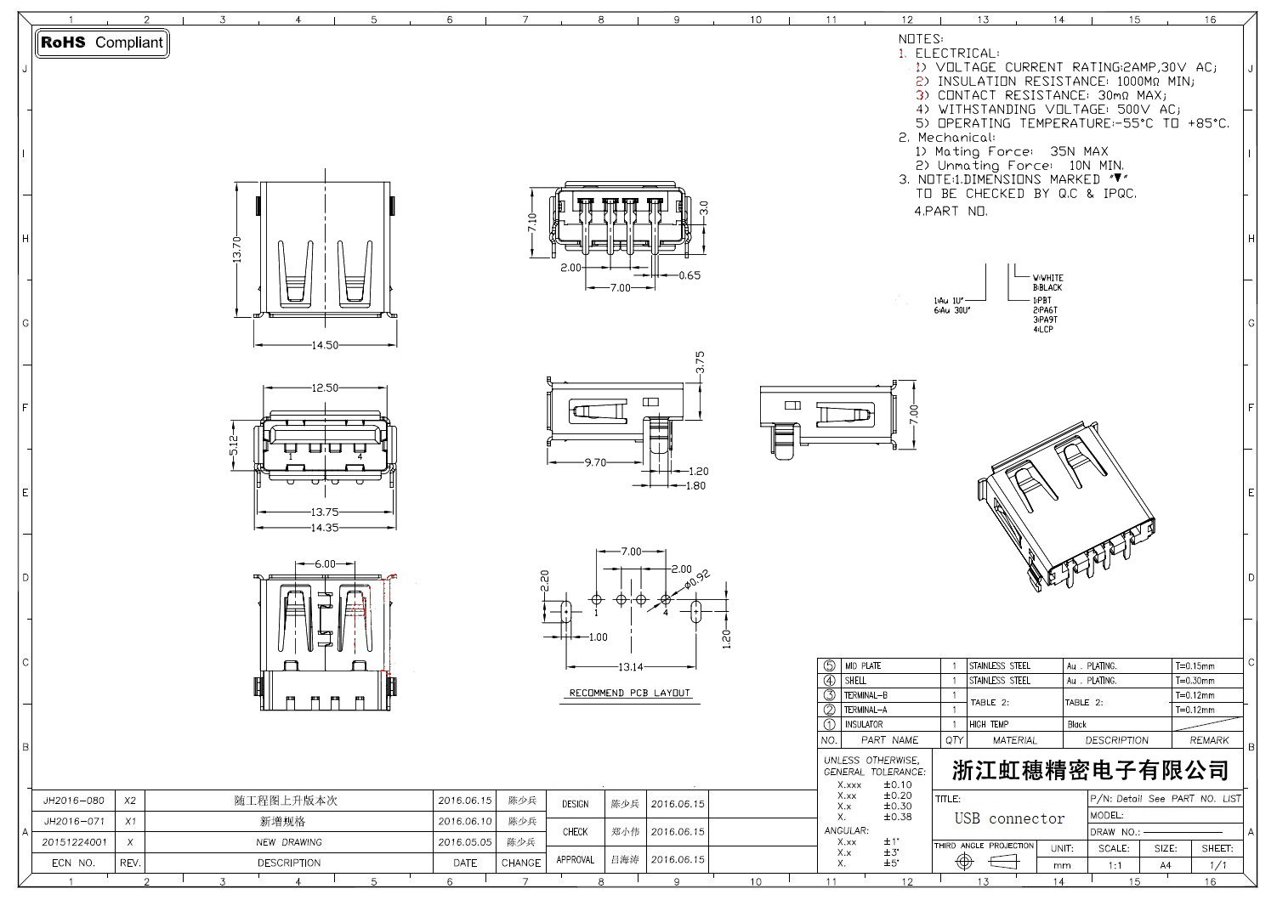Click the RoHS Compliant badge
(102, 42)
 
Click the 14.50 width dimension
(325, 345)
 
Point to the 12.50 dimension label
(325, 388)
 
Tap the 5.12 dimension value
(234, 445)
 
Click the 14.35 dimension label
(325, 528)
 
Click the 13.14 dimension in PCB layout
(630, 667)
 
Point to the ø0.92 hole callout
(697, 579)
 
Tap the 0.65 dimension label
(690, 275)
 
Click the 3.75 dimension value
(700, 363)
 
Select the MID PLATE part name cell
(862, 666)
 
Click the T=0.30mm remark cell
(1195, 681)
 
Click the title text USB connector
(1009, 818)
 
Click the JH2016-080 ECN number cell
(74, 801)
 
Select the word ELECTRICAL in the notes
(956, 53)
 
